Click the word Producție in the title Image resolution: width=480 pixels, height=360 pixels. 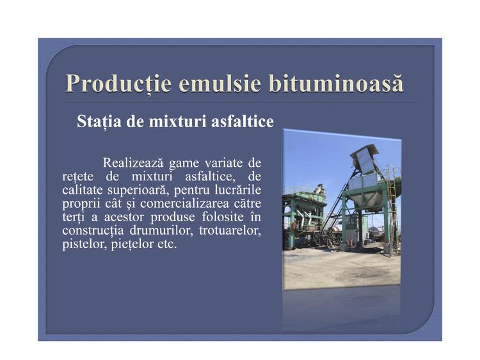pos(118,84)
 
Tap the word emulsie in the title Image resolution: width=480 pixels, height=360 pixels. pos(220,84)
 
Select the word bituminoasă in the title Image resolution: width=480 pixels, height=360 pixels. pos(337,83)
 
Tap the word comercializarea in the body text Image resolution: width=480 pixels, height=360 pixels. pos(184,203)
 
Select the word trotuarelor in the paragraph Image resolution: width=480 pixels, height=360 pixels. pos(230,230)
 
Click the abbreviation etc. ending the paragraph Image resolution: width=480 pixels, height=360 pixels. pos(167,244)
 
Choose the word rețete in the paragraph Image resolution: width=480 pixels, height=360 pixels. pos(77,177)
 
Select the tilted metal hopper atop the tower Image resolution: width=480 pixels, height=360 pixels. pos(365,159)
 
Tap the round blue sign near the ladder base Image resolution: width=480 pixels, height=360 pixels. pos(394,245)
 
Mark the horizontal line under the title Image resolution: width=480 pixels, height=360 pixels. pos(241,102)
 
